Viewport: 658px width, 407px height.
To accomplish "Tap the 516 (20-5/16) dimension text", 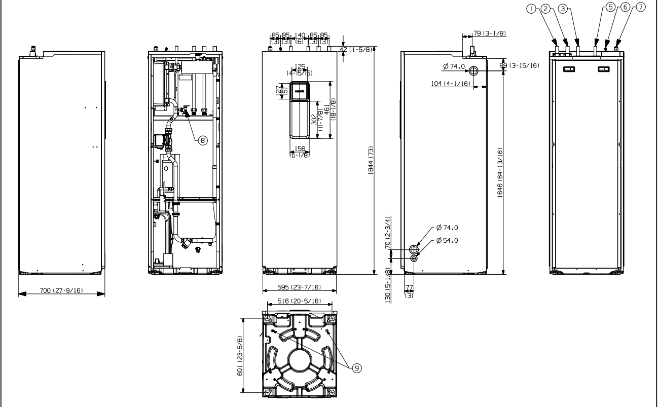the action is pyautogui.click(x=299, y=301).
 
